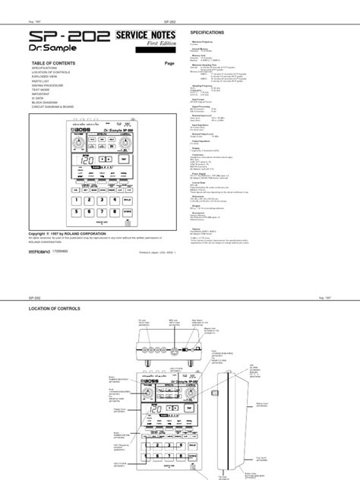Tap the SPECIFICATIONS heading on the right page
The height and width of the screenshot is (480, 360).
click(210, 35)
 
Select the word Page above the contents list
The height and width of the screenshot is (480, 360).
click(169, 63)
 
